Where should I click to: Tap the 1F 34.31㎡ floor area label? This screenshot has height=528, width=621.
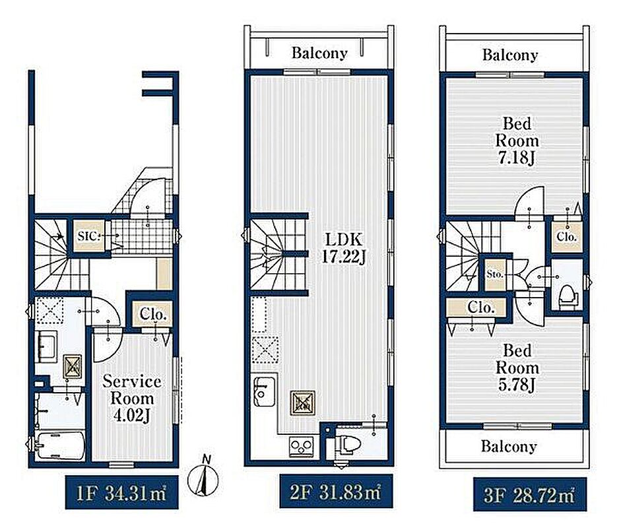click(121, 492)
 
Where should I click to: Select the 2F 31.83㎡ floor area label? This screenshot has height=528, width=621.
click(336, 491)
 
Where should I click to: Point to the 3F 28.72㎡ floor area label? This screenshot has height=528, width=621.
click(529, 494)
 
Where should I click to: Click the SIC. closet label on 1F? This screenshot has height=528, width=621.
click(89, 236)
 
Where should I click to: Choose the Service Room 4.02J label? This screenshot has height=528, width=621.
click(132, 399)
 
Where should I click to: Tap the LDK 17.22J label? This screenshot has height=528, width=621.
click(343, 249)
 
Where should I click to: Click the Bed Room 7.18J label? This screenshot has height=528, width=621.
click(517, 141)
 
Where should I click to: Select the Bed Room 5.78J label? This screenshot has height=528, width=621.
click(517, 368)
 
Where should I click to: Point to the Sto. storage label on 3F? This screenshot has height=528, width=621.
click(495, 274)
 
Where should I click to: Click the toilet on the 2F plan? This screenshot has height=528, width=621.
click(348, 444)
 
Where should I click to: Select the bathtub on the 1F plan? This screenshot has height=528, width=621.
click(60, 446)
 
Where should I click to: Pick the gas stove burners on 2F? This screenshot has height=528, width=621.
click(302, 446)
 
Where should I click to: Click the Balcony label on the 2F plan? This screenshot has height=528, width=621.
click(319, 53)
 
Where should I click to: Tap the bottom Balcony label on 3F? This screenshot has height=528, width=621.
click(509, 447)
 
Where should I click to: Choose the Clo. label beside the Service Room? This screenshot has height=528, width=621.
click(152, 315)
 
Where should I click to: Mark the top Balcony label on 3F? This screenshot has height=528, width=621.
click(510, 55)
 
